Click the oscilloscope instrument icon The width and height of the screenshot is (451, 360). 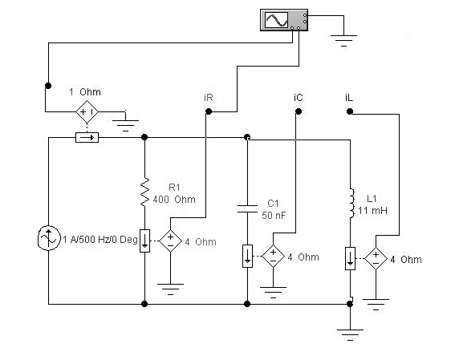pos(284,20)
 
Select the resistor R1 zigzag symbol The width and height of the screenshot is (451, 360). pos(144,192)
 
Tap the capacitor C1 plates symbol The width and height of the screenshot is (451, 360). pos(247,209)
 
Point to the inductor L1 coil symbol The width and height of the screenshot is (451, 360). pos(351,203)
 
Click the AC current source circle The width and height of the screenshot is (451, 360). pos(49,238)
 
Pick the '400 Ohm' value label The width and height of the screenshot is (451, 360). pos(174,200)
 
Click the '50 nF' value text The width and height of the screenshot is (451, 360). pos(274,215)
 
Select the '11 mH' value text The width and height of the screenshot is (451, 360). pos(373,211)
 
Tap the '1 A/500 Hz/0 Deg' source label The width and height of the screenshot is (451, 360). pos(100,239)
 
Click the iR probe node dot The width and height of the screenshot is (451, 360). pos(209,111)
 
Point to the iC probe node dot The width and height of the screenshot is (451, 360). pos(299,111)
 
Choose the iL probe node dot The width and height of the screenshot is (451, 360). pos(350,111)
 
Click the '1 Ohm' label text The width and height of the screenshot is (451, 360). pos(85,92)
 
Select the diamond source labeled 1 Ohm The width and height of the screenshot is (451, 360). pos(87,111)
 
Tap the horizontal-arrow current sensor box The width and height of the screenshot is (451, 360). pos(87,138)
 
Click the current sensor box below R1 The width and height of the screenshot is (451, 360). pos(144,241)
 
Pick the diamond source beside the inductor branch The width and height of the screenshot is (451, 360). pos(376,259)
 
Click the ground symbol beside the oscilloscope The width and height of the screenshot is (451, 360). pos(343,40)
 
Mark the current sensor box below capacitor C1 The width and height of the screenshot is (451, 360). pos(247,257)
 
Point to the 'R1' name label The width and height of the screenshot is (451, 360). pos(174,188)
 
